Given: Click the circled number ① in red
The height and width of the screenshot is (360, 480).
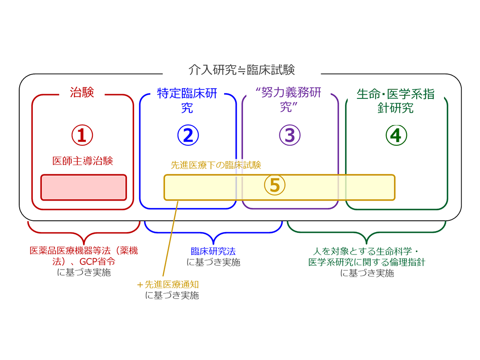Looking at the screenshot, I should (x=82, y=135).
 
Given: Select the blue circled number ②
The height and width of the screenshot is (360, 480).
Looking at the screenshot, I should (x=188, y=135).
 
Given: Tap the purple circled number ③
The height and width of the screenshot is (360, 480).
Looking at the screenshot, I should (x=290, y=135).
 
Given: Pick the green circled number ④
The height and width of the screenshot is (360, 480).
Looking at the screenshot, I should (x=396, y=135).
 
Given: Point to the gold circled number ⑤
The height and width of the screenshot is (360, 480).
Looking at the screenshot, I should (x=275, y=185).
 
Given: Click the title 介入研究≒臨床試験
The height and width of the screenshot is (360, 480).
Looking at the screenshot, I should (x=241, y=70).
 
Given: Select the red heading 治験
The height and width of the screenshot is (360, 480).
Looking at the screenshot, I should (x=82, y=92).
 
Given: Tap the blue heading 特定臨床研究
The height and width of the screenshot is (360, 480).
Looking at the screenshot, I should (x=187, y=100).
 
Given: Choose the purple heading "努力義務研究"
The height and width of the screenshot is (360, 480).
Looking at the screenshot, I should (x=290, y=99).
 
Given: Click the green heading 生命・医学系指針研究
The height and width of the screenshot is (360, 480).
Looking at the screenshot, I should (x=396, y=100).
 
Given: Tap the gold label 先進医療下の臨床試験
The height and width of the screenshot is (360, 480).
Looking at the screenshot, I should (x=216, y=165).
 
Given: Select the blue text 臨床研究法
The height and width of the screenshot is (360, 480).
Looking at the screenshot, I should (x=213, y=252).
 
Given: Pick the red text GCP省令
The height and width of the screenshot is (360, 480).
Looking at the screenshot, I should (x=97, y=262).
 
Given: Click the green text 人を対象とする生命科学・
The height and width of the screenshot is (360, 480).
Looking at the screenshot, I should (x=367, y=251).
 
